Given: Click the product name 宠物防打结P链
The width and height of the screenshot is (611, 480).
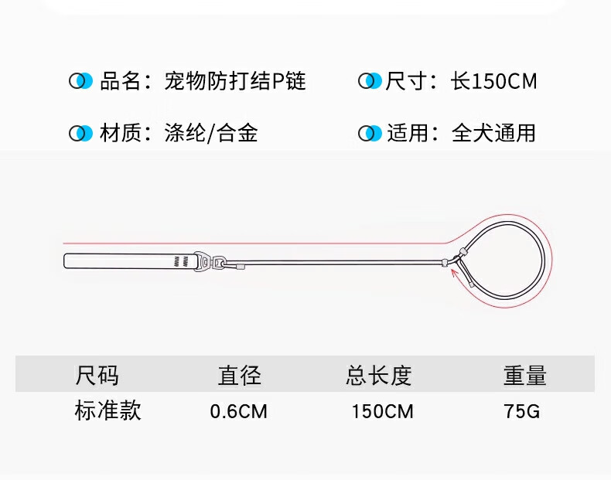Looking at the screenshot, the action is click(235, 80).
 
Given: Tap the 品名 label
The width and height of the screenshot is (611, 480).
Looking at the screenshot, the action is click(121, 80).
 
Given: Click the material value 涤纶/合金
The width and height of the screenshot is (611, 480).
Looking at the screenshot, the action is click(211, 133).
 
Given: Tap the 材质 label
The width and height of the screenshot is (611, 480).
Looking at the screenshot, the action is click(121, 133).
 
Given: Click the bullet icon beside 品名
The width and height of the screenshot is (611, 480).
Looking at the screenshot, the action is click(80, 80).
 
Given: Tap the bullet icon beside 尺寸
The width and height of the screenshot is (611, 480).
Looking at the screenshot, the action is click(370, 80).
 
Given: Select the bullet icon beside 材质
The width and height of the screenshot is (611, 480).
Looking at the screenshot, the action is click(80, 133).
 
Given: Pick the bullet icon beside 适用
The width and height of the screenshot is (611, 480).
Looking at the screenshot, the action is click(370, 133).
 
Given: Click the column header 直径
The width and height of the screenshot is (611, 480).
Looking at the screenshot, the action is click(240, 376).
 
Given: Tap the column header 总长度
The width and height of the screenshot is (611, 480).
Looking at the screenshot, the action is click(379, 376).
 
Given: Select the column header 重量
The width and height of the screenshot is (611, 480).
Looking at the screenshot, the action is click(525, 376).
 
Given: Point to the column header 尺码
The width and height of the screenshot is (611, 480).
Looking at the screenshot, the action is click(97, 376).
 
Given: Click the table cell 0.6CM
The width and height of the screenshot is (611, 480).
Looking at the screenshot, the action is click(238, 411).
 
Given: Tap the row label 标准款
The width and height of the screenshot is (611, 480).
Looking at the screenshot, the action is click(108, 410).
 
